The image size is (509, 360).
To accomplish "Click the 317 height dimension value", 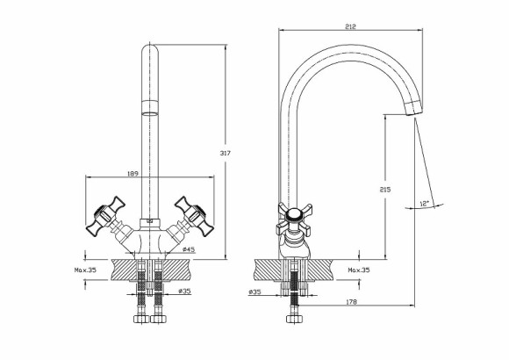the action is coord(225,153).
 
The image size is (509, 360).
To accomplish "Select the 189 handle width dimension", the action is coord(133,174).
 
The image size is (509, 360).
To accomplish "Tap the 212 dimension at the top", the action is coord(350,26).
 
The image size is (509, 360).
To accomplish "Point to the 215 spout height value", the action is coord(385,189).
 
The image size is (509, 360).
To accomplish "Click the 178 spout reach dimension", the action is coord(351,302).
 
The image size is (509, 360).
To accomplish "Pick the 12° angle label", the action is coord(425,204).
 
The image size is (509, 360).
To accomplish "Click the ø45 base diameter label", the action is coord(189,249).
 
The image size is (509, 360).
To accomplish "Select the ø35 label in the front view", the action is coord(184,292).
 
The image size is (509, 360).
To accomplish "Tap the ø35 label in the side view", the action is coord(254,292).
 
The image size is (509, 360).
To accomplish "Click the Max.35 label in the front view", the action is coord(85,270).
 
